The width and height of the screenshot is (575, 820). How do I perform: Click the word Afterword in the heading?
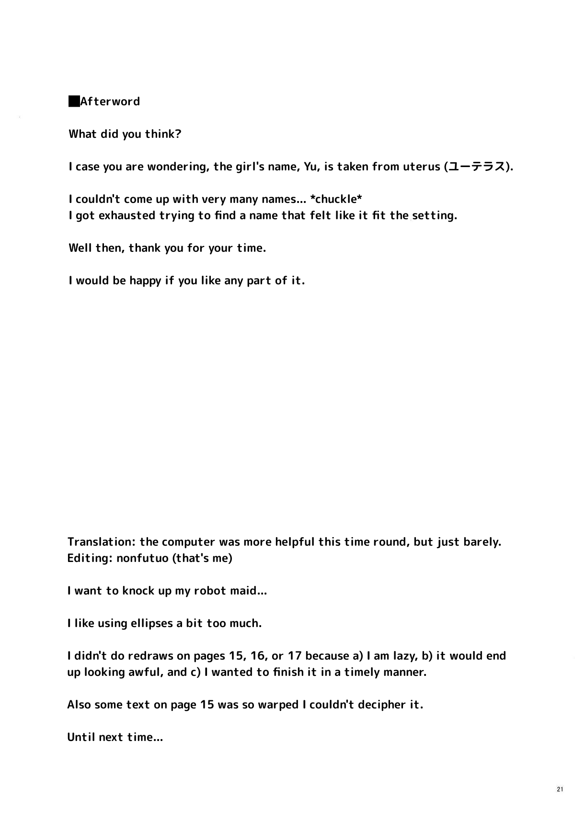click(x=110, y=101)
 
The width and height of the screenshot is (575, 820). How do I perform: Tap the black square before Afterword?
click(x=74, y=101)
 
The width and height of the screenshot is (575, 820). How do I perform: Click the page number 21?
click(x=560, y=789)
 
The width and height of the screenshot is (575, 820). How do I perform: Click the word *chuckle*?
click(x=336, y=199)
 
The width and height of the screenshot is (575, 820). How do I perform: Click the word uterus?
click(x=422, y=167)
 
